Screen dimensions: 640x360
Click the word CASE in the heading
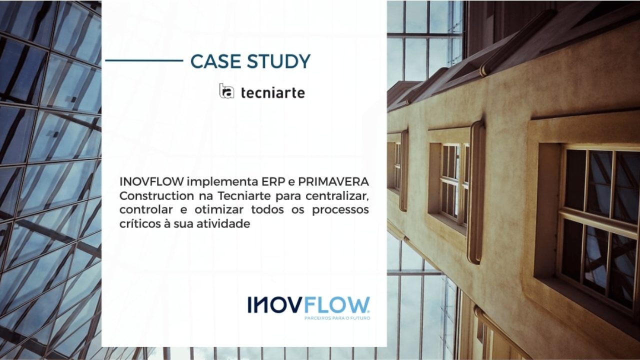215,61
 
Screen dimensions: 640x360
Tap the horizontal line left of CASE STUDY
144,60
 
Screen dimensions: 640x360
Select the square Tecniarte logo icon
226,91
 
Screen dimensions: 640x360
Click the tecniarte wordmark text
273,93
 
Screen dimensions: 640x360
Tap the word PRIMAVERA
333,181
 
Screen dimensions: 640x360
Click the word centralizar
337,196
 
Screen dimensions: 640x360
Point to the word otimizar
219,209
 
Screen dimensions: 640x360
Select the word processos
340,211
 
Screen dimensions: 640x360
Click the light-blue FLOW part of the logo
337,305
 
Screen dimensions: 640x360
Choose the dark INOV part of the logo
274,305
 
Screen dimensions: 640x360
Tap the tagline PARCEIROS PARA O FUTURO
337,318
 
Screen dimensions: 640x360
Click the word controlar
146,209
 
